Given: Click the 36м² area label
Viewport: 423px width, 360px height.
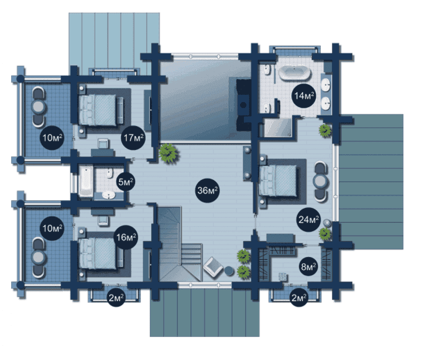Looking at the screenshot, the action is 207,191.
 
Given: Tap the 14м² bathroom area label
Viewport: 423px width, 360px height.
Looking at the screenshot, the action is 304,96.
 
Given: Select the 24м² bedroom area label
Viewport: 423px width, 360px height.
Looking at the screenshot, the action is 308,219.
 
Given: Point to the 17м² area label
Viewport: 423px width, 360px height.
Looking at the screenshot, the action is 133,138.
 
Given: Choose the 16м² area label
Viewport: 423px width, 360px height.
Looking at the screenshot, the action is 126,237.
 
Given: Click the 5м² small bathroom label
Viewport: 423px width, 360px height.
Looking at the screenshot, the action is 125,182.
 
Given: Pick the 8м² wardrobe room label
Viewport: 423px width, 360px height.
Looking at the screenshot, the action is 308,267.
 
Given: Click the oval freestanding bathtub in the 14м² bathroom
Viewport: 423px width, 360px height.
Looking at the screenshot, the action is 294,72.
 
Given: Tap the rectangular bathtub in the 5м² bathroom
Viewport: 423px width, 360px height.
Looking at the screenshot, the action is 86,181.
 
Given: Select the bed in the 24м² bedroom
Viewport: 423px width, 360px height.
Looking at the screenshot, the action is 278,181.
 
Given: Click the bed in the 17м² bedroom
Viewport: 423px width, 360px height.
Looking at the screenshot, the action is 98,110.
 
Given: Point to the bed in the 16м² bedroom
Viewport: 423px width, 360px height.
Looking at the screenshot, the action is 98,253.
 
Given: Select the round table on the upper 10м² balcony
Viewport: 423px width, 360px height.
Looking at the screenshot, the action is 38,107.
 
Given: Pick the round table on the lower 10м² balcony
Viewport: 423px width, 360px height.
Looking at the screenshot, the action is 38,258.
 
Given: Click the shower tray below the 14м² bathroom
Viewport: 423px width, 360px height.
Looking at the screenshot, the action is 278,127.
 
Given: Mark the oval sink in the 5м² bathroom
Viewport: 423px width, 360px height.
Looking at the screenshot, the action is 109,195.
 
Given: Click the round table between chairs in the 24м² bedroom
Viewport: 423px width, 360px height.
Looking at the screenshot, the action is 320,181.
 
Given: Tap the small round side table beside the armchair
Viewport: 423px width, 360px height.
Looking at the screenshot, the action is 229,271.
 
